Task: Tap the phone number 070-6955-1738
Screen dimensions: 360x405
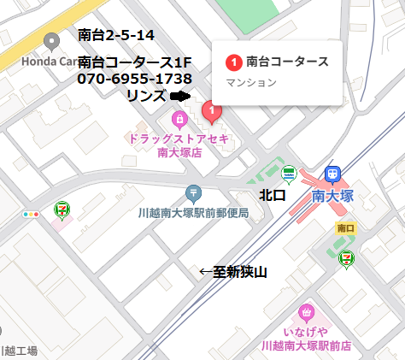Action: tap(134, 79)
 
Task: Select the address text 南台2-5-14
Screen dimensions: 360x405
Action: tap(115, 35)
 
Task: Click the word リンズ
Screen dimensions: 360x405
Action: tap(146, 95)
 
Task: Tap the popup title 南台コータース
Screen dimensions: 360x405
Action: tap(287, 62)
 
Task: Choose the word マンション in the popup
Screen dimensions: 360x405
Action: tap(251, 82)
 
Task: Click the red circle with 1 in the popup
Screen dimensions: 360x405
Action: tap(234, 62)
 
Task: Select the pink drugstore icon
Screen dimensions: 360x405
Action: tap(179, 118)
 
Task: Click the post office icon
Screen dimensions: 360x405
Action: tap(193, 193)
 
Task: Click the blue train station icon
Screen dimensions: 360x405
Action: tap(332, 174)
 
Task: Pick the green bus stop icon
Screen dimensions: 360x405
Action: tap(289, 174)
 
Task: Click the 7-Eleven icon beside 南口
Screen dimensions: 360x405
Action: tap(346, 257)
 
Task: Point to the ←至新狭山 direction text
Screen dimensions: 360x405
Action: tap(233, 272)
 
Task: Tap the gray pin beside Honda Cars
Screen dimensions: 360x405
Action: tap(52, 40)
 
